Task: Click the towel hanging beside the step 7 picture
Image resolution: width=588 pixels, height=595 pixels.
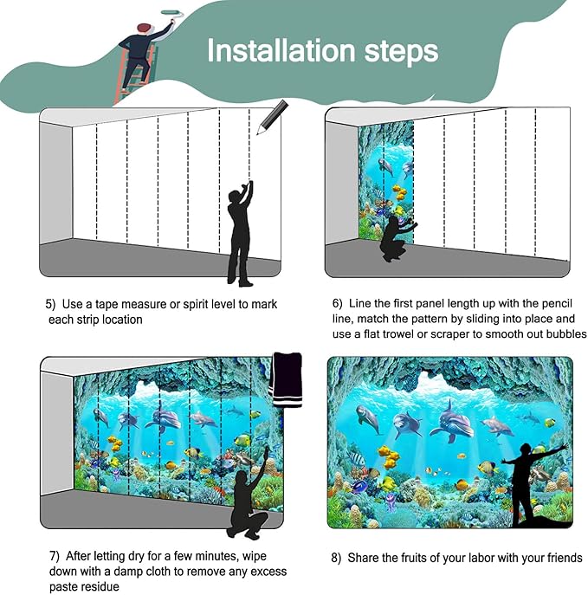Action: tap(286, 378)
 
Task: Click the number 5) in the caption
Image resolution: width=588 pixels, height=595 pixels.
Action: tap(52, 305)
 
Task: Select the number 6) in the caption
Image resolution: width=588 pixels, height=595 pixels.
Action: tap(339, 304)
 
